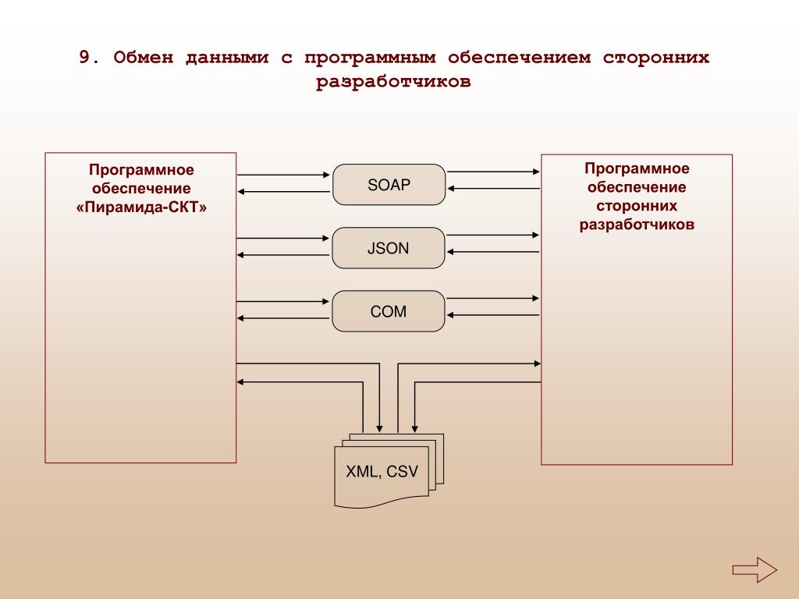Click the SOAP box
pos(389,185)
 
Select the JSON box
pos(389,248)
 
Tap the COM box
pos(389,311)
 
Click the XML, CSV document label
pos(382,472)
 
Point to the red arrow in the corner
pos(755,568)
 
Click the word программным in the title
pos(367,58)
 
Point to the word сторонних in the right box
pos(637,206)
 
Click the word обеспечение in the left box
pos(141,189)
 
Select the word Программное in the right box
pos(637,168)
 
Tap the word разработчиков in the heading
pos(394,82)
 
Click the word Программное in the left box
pos(141,170)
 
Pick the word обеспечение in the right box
pos(637,187)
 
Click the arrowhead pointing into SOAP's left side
pos(328,175)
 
